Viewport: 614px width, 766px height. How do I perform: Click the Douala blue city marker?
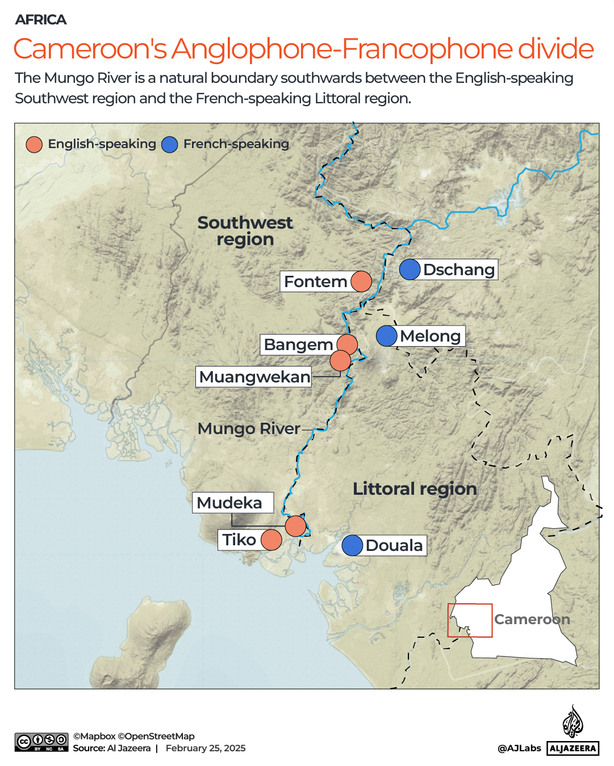pyautogui.click(x=352, y=545)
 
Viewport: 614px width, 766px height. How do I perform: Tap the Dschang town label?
pyautogui.click(x=459, y=270)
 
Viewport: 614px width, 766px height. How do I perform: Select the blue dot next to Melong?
pyautogui.click(x=387, y=336)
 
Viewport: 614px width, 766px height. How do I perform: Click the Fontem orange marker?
pyautogui.click(x=361, y=281)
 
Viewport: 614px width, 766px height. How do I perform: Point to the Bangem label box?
pyautogui.click(x=298, y=344)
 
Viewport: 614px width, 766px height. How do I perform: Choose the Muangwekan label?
pyautogui.click(x=254, y=377)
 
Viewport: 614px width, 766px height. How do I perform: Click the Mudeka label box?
pyautogui.click(x=232, y=503)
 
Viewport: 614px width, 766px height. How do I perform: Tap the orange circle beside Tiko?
pyautogui.click(x=272, y=540)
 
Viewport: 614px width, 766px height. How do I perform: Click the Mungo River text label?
pyautogui.click(x=248, y=428)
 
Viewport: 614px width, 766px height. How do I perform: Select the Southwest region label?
pyautogui.click(x=245, y=230)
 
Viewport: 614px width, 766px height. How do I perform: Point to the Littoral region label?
pyautogui.click(x=415, y=489)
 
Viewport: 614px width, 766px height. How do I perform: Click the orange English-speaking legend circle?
pyautogui.click(x=34, y=144)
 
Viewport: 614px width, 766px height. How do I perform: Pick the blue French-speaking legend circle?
pyautogui.click(x=170, y=144)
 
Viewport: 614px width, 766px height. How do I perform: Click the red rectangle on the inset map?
pyautogui.click(x=470, y=620)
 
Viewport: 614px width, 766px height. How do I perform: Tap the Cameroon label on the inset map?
pyautogui.click(x=532, y=619)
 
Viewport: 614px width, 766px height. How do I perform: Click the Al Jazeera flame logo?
pyautogui.click(x=573, y=721)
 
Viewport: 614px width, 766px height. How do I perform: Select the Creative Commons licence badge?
pyautogui.click(x=41, y=742)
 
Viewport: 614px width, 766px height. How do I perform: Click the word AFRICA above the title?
pyautogui.click(x=41, y=20)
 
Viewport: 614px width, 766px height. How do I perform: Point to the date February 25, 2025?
pyautogui.click(x=206, y=748)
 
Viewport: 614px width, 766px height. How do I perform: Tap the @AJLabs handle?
pyautogui.click(x=519, y=748)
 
